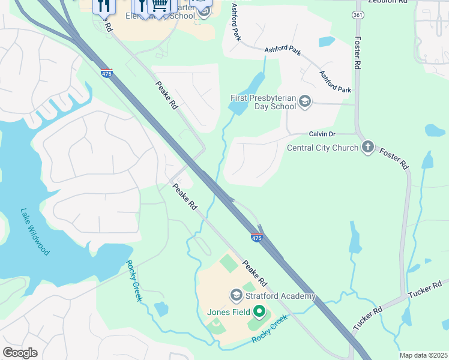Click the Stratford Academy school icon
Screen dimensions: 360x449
coord(236,295)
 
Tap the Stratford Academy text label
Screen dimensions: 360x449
coord(279,296)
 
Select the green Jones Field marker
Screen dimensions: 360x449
coord(259,311)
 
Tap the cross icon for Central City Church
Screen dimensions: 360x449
coord(367,148)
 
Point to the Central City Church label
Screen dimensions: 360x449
coord(322,148)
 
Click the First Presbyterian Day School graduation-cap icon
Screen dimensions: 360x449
coord(305,101)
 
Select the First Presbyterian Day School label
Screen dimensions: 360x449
coord(264,102)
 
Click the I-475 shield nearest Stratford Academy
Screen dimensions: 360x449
coord(257,238)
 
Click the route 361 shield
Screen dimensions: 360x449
coord(358,15)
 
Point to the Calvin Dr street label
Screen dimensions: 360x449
coord(322,134)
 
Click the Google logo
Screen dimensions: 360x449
coord(20,353)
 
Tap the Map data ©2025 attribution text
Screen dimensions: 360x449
coord(423,355)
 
